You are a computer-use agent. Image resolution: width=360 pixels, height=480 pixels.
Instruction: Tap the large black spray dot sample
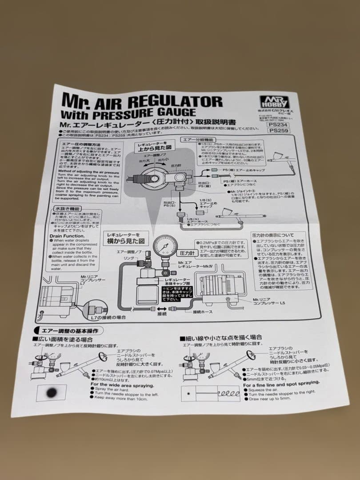[51, 392]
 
